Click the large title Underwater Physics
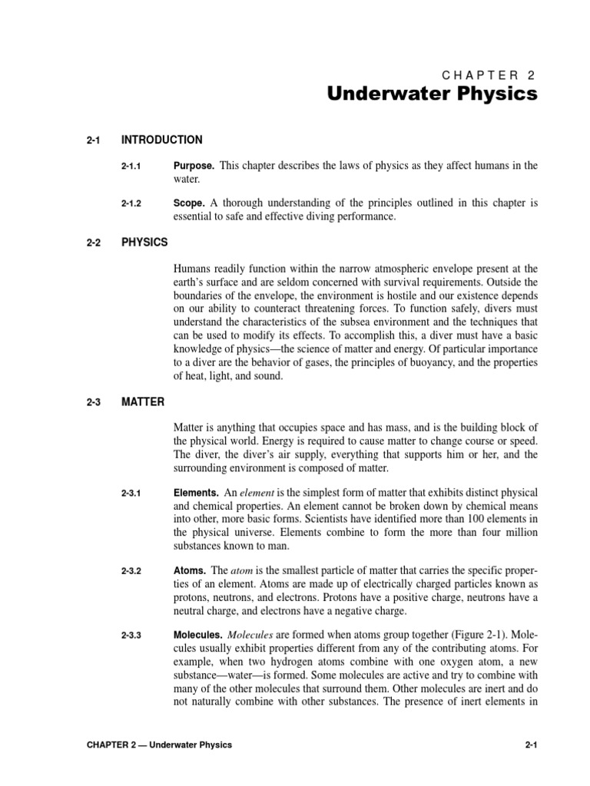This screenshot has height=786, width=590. coord(433,94)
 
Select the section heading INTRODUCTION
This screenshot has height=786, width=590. coord(162,140)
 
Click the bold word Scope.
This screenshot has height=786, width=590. coord(189,203)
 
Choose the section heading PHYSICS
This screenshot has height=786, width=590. coord(144,242)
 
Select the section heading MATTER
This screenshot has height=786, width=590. coord(143,401)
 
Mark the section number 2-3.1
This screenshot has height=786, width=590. coord(134,492)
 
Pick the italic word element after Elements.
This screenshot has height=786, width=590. coord(257,491)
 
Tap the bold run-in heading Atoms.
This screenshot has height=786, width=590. coord(191,571)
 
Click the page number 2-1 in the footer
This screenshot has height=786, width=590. coord(529,745)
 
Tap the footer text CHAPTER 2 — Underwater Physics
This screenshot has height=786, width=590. coord(159,745)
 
